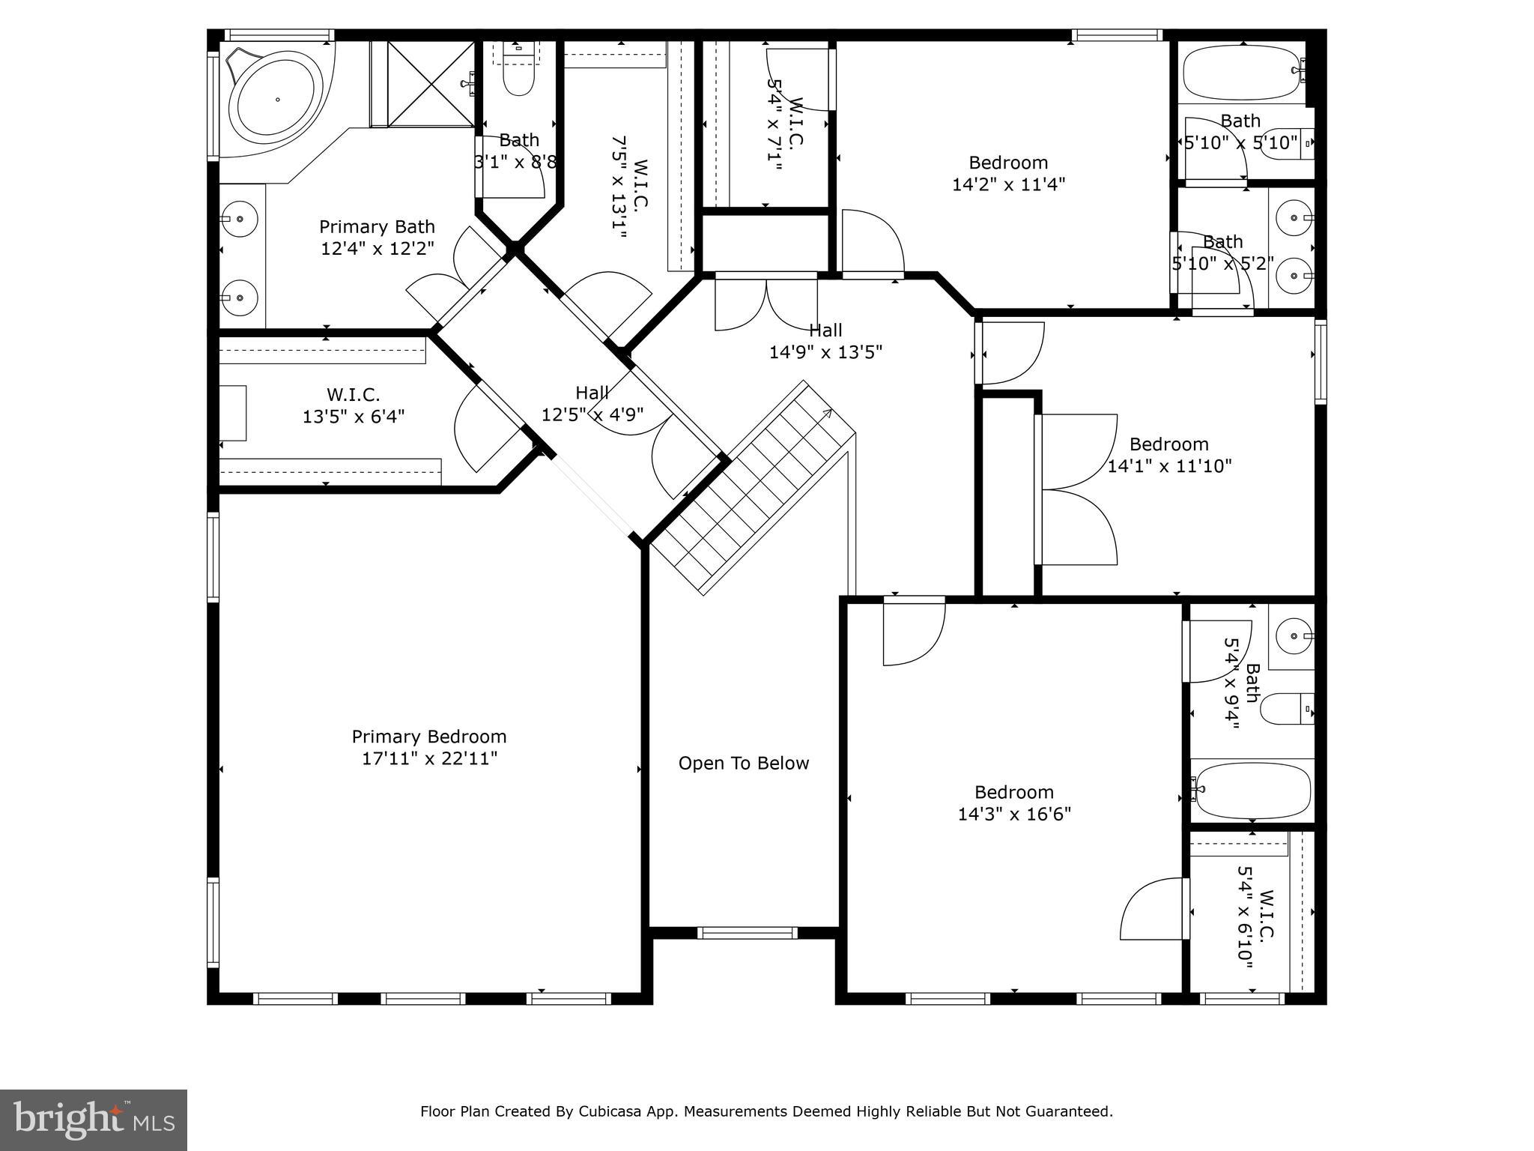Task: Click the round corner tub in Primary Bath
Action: click(276, 99)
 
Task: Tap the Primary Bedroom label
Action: click(429, 737)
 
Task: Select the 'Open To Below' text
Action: click(743, 764)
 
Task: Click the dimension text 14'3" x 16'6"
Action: click(1014, 815)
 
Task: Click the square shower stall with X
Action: click(431, 84)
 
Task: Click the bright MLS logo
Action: click(94, 1120)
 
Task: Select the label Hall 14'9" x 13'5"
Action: click(825, 341)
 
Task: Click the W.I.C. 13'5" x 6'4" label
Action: click(354, 405)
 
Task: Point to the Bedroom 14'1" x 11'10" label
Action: click(1169, 455)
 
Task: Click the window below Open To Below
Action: click(747, 933)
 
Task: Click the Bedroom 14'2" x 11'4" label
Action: click(1008, 173)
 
